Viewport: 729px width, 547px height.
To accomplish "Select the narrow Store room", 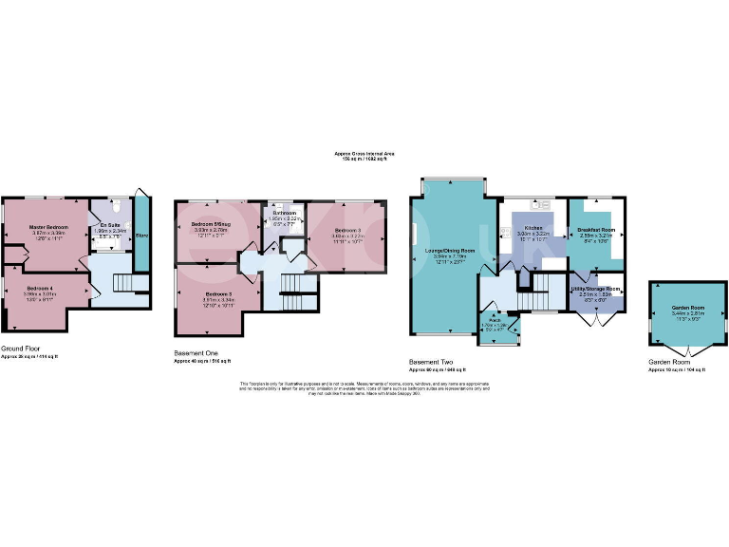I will pyautogui.click(x=141, y=233).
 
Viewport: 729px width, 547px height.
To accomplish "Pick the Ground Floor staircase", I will pyautogui.click(x=123, y=283).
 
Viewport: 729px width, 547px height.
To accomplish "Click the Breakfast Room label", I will pyautogui.click(x=595, y=229).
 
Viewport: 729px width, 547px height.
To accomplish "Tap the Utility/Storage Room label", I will pyautogui.click(x=595, y=289).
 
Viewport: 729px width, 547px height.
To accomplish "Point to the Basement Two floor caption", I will pyautogui.click(x=432, y=362).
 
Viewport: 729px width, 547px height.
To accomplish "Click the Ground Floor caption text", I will pyautogui.click(x=20, y=349).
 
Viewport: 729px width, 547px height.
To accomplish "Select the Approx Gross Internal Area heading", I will pyautogui.click(x=364, y=154).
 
